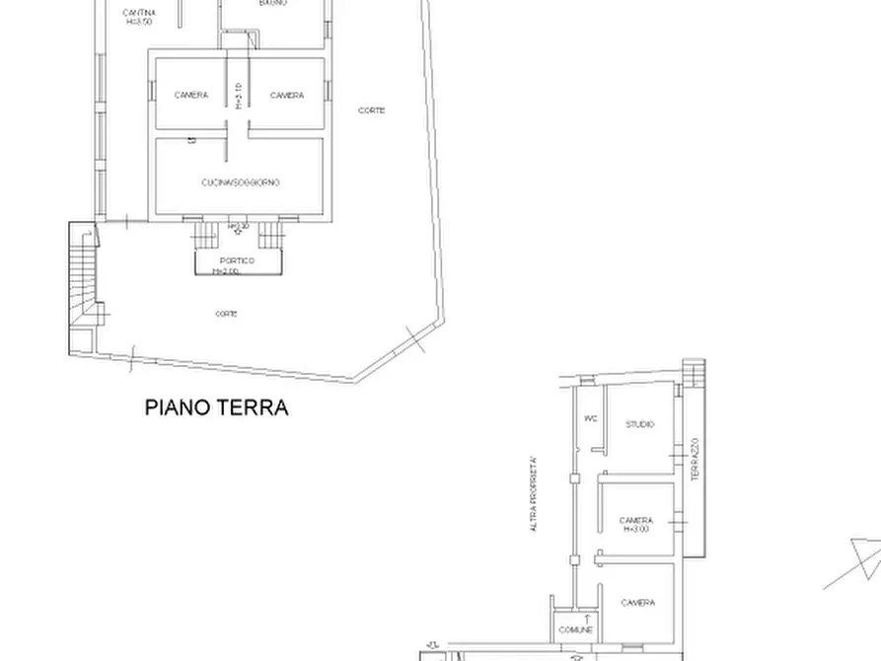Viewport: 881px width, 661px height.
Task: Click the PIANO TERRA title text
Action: pos(217,407)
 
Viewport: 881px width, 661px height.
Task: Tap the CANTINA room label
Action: pos(138,13)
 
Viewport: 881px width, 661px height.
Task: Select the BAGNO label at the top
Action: pos(273,4)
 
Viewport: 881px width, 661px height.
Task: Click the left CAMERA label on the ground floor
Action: pos(190,96)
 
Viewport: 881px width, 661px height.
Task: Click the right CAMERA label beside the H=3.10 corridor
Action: pos(287,96)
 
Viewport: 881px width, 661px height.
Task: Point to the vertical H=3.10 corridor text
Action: pos(239,95)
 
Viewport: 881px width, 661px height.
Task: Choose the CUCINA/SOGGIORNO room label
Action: pos(241,183)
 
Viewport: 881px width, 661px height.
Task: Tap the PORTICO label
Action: pos(238,260)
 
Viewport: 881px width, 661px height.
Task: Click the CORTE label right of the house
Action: pos(372,110)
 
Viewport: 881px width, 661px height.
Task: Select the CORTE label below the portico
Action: pos(226,314)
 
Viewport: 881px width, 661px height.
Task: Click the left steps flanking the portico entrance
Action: pos(205,236)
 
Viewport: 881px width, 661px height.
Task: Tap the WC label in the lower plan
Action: pos(591,418)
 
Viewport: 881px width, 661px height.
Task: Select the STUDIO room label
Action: pos(639,424)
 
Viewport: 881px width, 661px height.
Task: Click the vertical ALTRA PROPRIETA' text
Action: pos(534,493)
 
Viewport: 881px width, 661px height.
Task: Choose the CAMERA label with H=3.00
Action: pos(636,524)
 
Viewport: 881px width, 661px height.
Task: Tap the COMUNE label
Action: pos(575,629)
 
